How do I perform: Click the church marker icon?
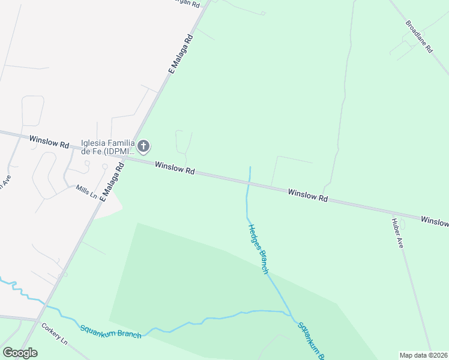click(x=143, y=146)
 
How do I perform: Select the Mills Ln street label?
click(x=86, y=191)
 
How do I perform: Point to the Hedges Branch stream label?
click(x=258, y=249)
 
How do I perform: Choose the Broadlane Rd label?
click(x=419, y=38)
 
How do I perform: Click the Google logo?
click(x=20, y=353)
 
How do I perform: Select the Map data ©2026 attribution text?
click(x=423, y=355)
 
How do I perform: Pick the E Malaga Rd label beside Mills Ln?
click(x=112, y=182)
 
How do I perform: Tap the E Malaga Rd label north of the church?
click(x=180, y=53)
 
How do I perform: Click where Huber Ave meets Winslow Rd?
click(x=393, y=213)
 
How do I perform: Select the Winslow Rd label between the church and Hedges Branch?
click(x=175, y=168)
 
